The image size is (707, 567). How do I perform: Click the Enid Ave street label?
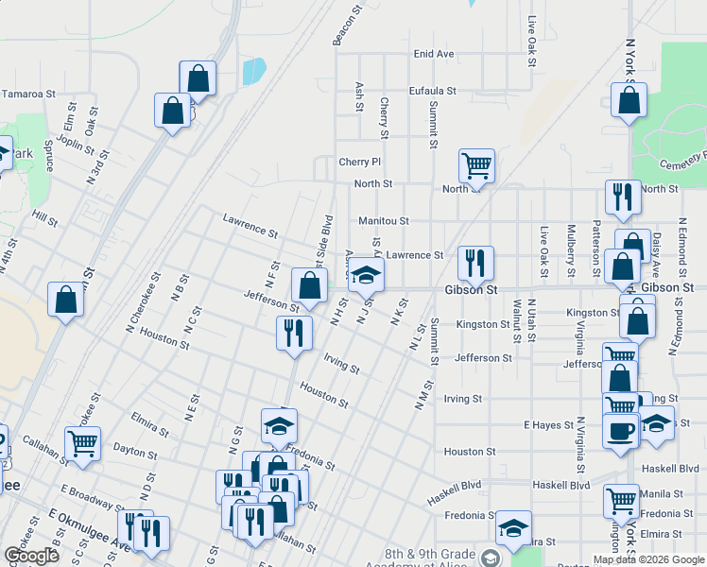click(x=434, y=54)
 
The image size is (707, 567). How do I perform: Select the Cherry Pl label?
click(x=359, y=163)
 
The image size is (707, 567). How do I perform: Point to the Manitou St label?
click(x=383, y=221)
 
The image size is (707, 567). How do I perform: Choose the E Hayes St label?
click(x=548, y=426)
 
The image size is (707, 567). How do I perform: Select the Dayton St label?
click(x=134, y=450)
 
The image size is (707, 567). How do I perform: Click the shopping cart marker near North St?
click(x=476, y=165)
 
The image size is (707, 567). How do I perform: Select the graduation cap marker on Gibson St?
click(x=366, y=275)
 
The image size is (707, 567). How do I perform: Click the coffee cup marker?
click(x=620, y=431)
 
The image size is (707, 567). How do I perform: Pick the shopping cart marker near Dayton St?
click(x=83, y=441)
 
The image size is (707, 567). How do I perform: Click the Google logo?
click(x=31, y=556)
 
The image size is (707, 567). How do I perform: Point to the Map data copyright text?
click(x=648, y=559)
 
